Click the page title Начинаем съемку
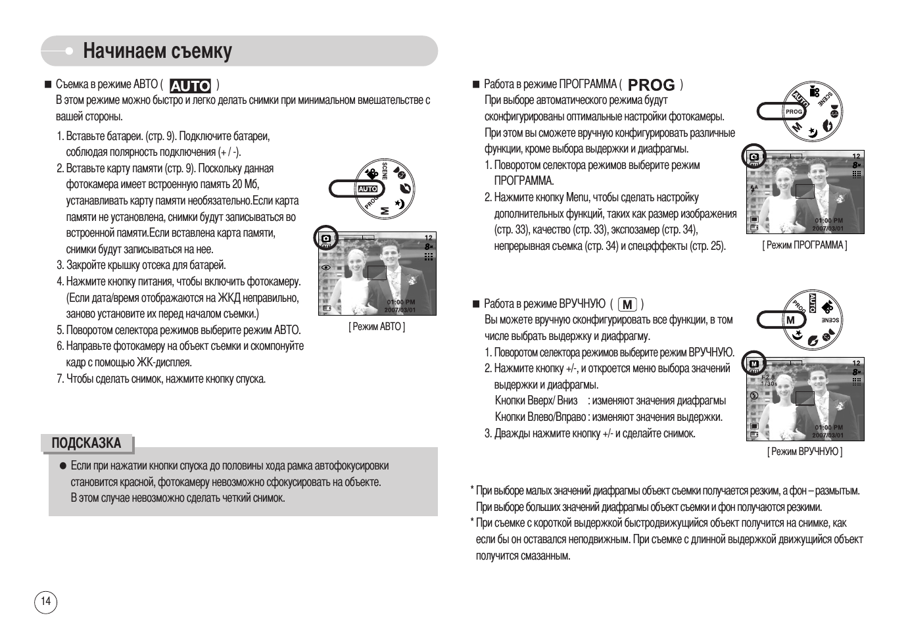coord(157,51)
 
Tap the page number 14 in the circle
coord(45,601)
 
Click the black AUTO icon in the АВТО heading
coord(190,85)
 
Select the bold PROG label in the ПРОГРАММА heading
coord(651,85)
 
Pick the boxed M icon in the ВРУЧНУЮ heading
coord(628,304)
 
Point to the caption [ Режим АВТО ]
coord(377,327)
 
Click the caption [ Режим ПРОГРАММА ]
coord(805,245)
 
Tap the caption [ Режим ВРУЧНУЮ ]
coord(805,452)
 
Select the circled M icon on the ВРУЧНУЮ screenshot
coord(754,364)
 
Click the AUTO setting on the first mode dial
coord(367,189)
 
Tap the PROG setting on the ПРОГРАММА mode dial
coord(794,112)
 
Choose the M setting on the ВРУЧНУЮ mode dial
coord(791,320)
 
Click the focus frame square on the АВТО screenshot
coord(377,272)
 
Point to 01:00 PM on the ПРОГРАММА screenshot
coord(828,221)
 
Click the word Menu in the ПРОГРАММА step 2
coord(577,198)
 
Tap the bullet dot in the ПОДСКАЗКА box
coord(63,466)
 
